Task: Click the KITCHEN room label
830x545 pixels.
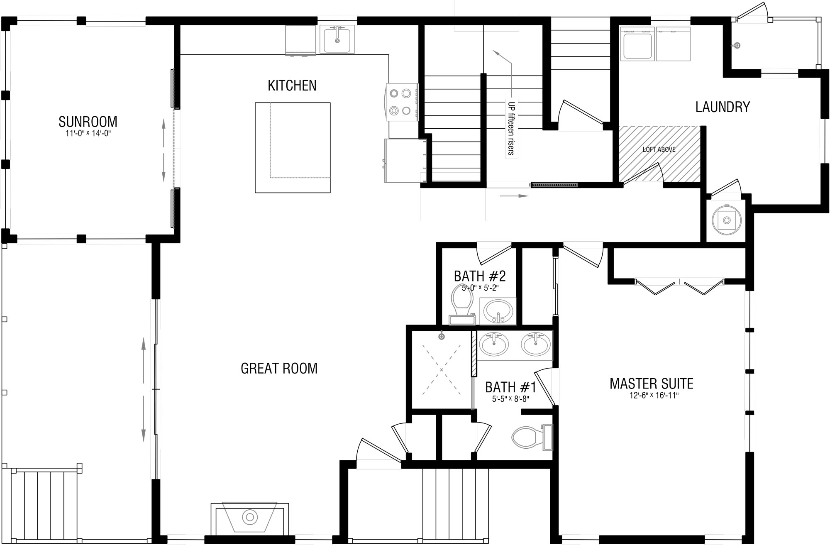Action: tap(292, 86)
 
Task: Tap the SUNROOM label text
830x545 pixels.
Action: tap(88, 122)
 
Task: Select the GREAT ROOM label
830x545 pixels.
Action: tap(279, 368)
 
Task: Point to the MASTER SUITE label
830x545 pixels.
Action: tap(652, 384)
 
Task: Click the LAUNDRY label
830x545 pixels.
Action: tap(723, 107)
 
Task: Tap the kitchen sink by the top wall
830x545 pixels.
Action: tap(337, 39)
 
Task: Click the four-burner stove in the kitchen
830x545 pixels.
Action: tap(402, 102)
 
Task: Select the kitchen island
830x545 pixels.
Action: tap(293, 147)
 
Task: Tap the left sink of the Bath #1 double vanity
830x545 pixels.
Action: tap(493, 345)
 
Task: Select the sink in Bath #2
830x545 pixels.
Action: tap(498, 310)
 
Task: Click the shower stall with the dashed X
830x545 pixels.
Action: tap(442, 369)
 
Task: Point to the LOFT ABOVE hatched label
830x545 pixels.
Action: tap(659, 149)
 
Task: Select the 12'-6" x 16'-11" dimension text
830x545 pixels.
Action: tap(654, 396)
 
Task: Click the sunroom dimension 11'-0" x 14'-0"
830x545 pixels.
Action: tap(88, 134)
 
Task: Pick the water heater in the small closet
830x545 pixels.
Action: tap(727, 220)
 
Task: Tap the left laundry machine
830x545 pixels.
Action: tap(637, 44)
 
